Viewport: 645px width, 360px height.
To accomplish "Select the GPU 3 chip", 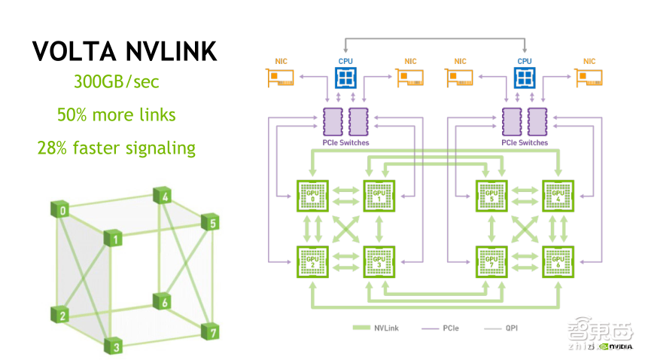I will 379,261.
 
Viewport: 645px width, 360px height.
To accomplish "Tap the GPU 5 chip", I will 491,196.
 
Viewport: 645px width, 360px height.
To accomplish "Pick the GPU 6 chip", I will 558,261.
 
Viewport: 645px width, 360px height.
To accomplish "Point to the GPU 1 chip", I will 379,196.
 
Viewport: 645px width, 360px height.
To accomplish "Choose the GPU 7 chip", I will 491,261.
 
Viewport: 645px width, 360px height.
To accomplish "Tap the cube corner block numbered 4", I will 165,197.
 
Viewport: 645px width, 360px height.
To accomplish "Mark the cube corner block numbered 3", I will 114,346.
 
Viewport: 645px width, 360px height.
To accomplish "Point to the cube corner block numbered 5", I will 211,222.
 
